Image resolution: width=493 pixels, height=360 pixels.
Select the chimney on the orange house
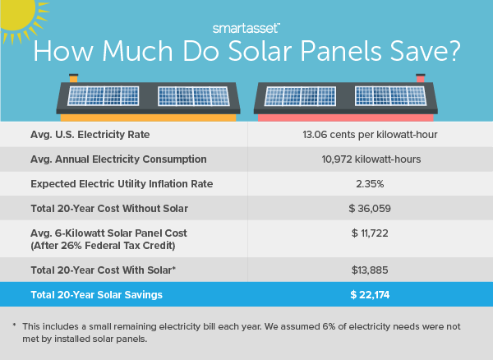[x=73, y=78]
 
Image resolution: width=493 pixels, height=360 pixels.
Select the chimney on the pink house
[x=421, y=78]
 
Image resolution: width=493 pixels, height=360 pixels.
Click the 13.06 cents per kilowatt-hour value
[x=370, y=134]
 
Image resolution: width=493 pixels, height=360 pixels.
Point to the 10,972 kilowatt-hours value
[x=370, y=159]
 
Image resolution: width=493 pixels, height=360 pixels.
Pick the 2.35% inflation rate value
[x=370, y=184]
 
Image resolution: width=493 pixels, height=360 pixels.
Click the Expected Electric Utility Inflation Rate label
[x=121, y=184]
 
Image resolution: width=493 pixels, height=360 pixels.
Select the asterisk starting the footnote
[x=15, y=325]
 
